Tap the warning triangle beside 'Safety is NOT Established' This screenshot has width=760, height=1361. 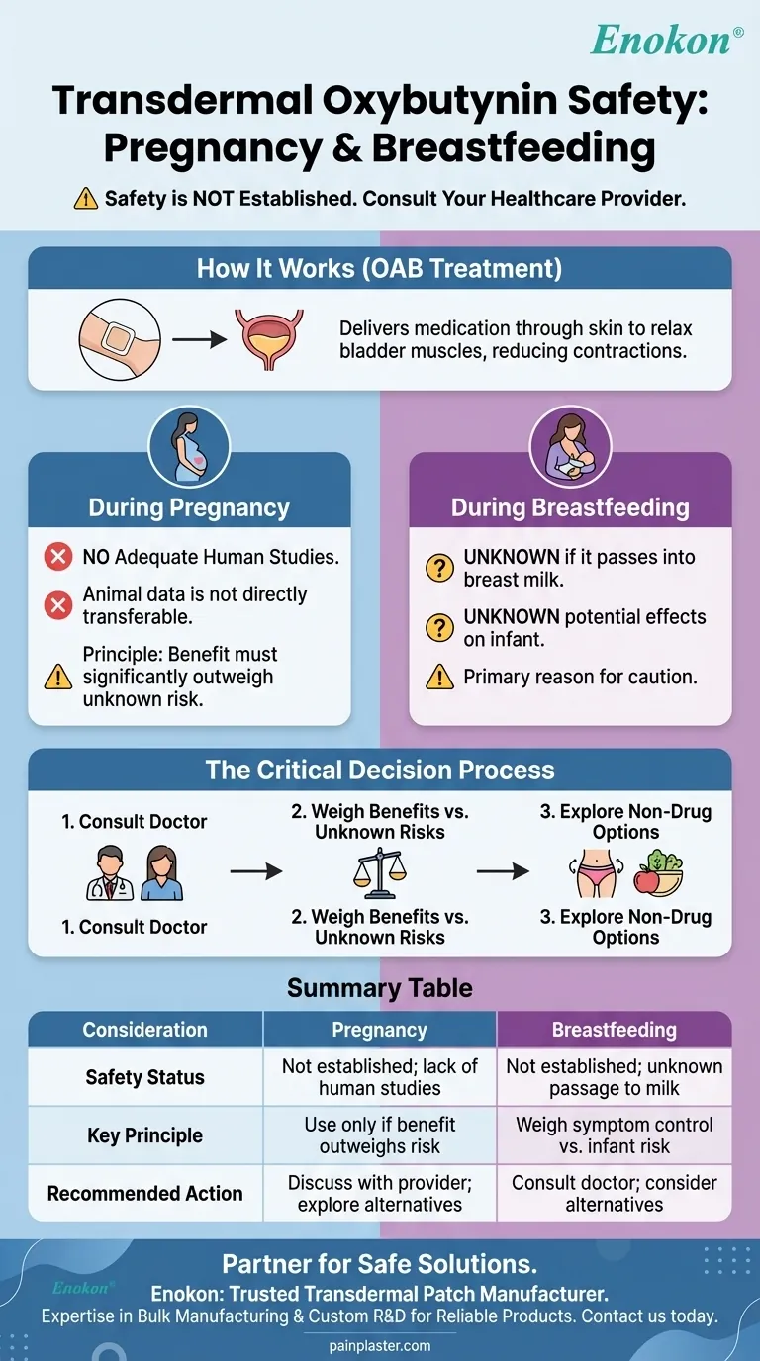tap(86, 198)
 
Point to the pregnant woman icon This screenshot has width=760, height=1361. tap(189, 446)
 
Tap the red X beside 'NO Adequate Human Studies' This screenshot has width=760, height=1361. tap(58, 557)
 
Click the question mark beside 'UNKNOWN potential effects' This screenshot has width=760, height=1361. tap(438, 627)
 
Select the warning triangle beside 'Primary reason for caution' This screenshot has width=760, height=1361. tap(438, 678)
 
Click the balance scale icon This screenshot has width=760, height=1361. tap(379, 872)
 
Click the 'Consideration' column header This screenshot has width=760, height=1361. tap(144, 1030)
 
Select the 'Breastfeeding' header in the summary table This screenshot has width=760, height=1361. tap(614, 1030)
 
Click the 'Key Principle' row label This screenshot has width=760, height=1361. tap(144, 1135)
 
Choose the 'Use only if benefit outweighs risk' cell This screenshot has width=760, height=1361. tap(379, 1135)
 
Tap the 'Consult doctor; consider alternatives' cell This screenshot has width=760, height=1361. tap(614, 1193)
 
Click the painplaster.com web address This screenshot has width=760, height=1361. tap(379, 1345)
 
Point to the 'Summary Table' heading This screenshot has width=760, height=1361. tap(379, 987)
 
